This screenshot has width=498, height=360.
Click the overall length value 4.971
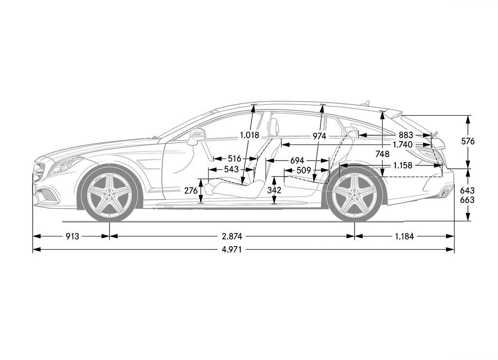tap(231, 250)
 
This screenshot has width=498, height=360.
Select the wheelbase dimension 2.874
tap(232, 236)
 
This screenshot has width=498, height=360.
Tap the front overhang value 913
tap(72, 236)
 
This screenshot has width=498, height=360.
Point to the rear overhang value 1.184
tap(404, 236)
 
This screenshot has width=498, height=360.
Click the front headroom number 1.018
tap(249, 135)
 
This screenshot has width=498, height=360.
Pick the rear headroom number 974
tap(319, 136)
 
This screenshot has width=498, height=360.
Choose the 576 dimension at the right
tap(468, 141)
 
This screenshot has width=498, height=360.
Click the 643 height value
tap(467, 190)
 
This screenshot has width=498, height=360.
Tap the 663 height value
tap(467, 199)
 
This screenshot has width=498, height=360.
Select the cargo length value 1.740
tap(402, 145)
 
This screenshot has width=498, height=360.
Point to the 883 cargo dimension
tap(406, 135)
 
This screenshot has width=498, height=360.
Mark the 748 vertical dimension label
tap(382, 154)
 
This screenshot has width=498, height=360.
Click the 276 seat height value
tap(191, 191)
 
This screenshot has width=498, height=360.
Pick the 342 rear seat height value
tap(274, 190)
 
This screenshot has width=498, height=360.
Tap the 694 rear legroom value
tap(297, 161)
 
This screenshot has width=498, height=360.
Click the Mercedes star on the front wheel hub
tap(109, 194)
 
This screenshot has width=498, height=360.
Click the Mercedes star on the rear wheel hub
tap(355, 194)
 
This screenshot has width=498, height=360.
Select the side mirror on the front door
tap(196, 136)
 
